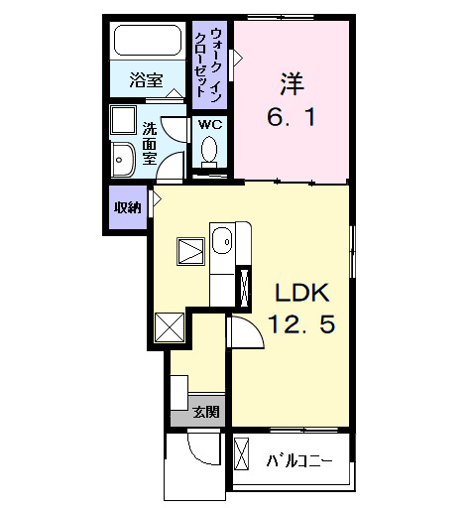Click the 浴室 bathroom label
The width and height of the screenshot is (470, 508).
coord(148,80)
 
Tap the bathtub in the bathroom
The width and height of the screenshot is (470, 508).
coord(148,43)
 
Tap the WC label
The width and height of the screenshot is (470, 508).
coord(210,125)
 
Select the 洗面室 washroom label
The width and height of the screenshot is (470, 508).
coord(150,145)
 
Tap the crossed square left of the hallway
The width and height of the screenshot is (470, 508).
coord(170,325)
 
